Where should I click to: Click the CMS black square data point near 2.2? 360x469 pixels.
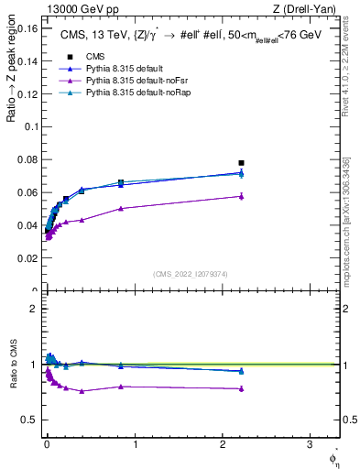click(x=241, y=163)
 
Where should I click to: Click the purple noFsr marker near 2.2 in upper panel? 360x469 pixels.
click(x=241, y=196)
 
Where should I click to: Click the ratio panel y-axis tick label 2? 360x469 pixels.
click(x=35, y=309)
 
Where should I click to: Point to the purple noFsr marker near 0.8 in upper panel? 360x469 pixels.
click(x=121, y=208)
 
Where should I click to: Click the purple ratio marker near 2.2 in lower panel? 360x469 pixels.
click(x=241, y=389)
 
